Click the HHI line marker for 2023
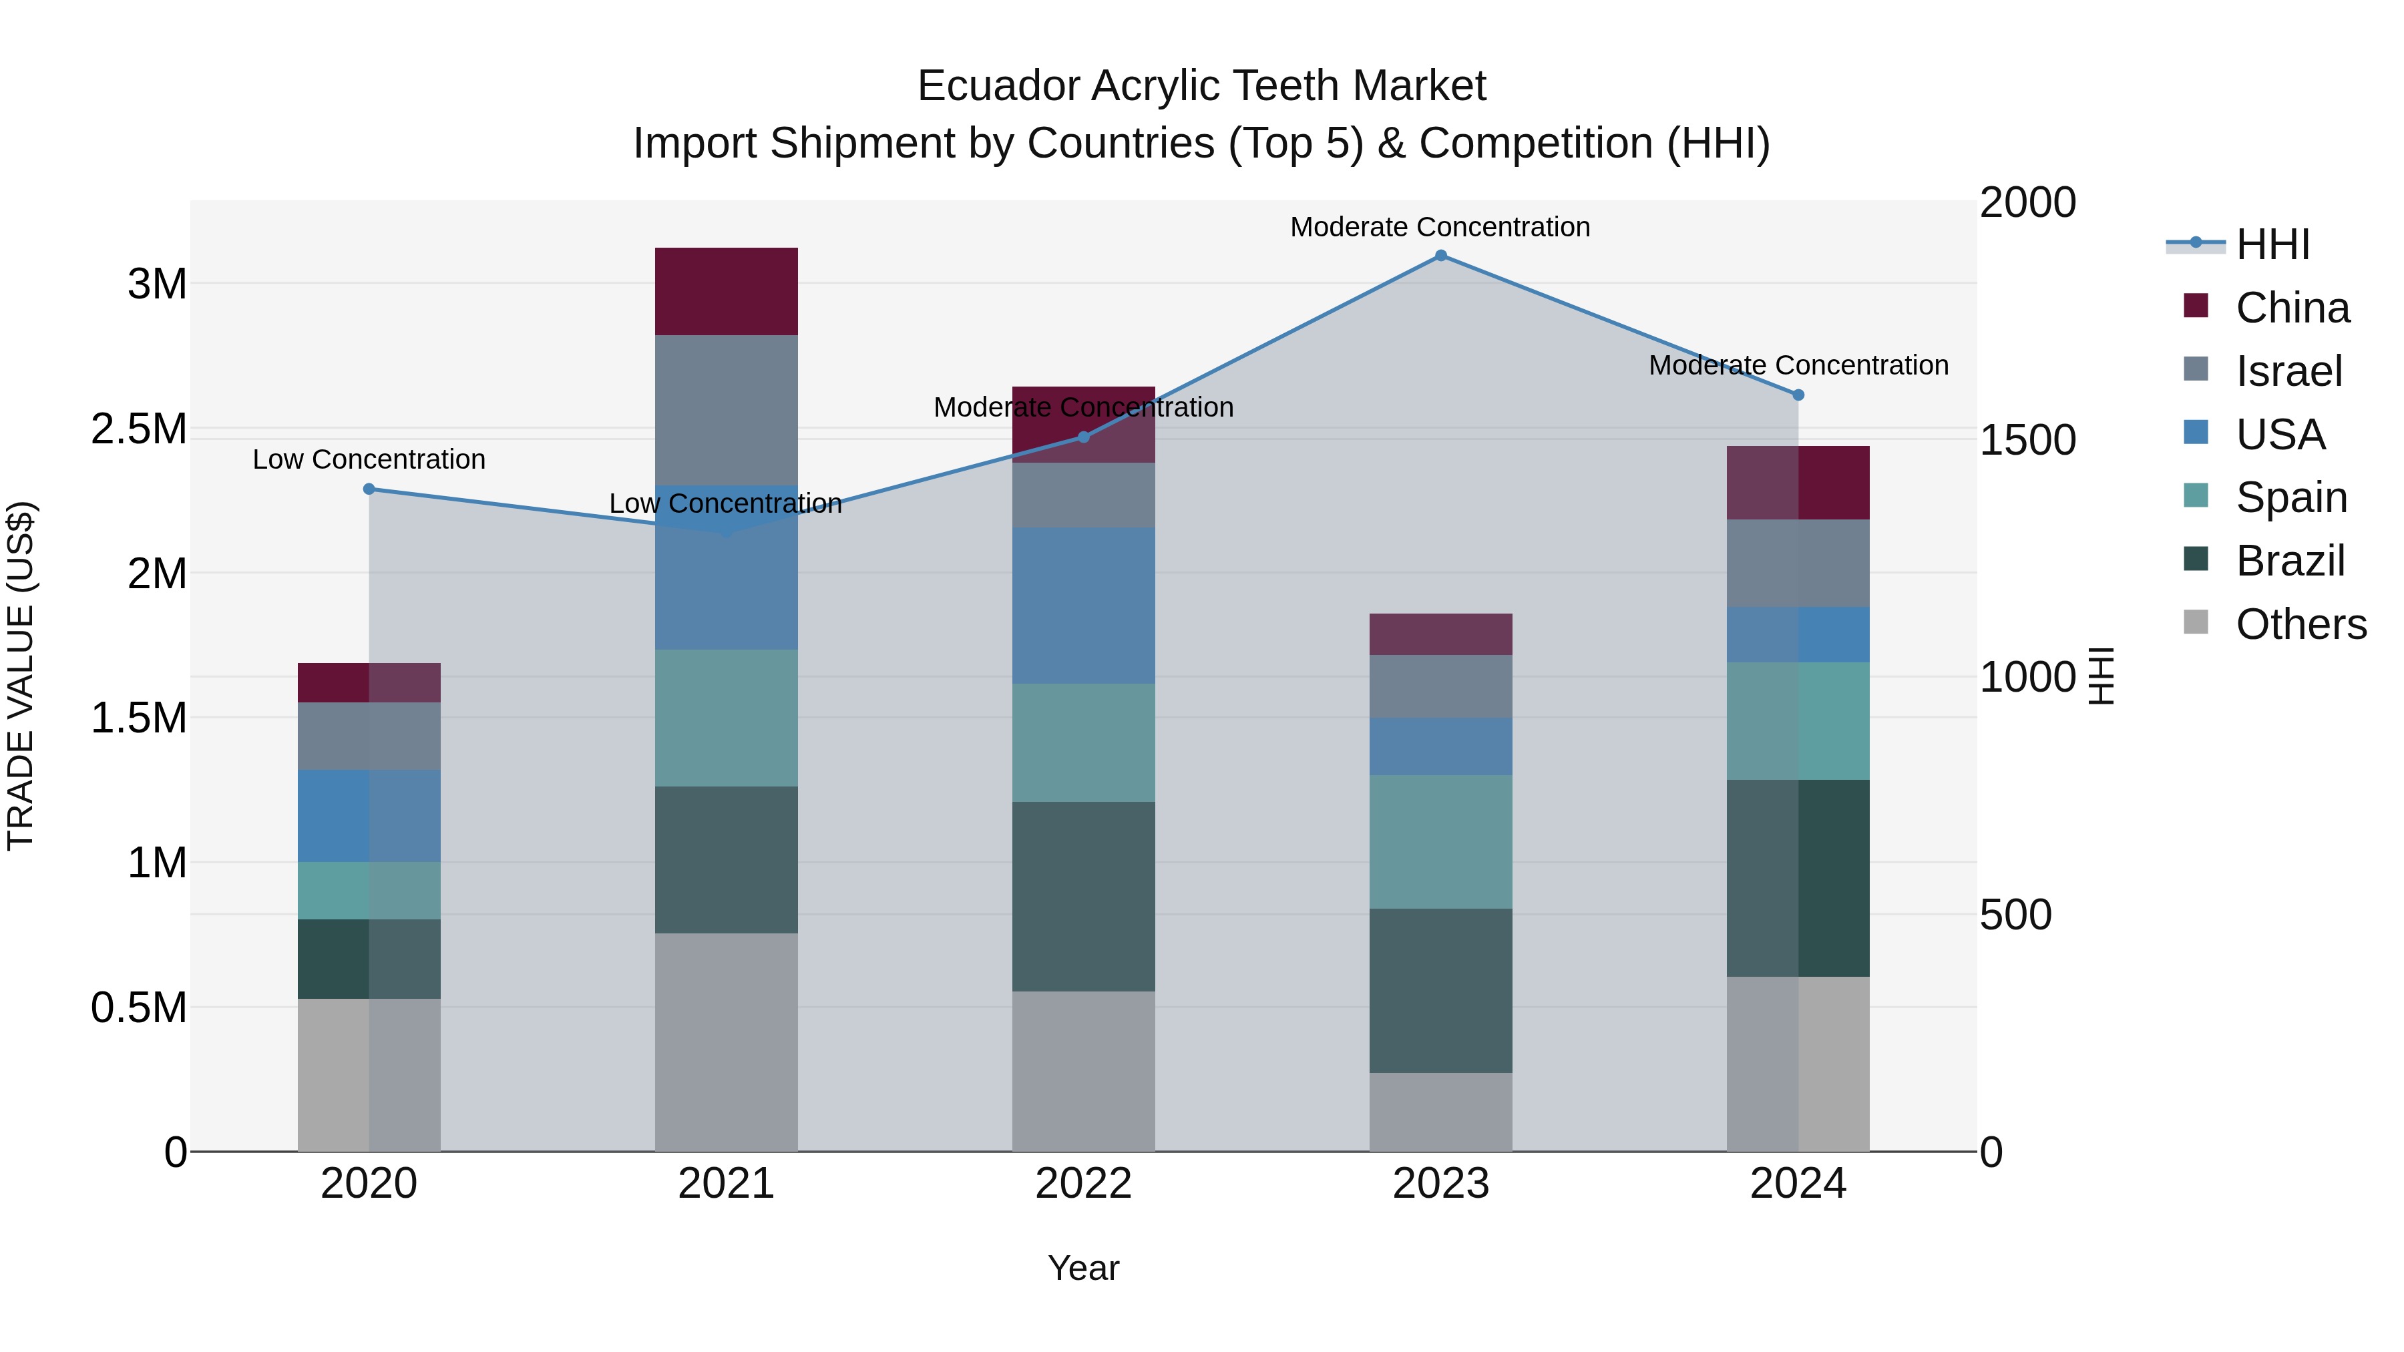pos(1441,256)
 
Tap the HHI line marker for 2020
pos(369,489)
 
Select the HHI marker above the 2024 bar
pos(1798,395)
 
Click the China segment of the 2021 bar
pos(726,291)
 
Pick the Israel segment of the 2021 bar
pos(726,411)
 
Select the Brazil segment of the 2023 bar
pos(1441,990)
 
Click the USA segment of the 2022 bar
pos(1084,606)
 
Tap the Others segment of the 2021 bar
pos(726,1042)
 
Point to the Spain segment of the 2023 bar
pos(1441,842)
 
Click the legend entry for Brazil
pos(2288,561)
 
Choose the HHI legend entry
pos(2272,244)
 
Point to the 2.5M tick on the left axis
pos(138,429)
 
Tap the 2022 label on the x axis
pos(1084,1184)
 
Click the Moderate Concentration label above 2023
pos(1440,227)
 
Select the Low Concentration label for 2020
pos(369,459)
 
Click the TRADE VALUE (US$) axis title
pos(21,676)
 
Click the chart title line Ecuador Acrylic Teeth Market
pos(1201,86)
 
